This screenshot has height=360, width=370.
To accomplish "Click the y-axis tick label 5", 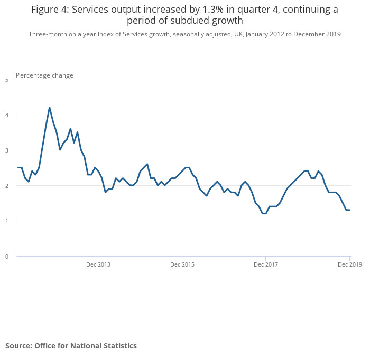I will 7,80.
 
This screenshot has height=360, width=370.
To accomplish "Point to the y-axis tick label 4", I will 7,115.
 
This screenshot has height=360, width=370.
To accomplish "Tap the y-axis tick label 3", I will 7,150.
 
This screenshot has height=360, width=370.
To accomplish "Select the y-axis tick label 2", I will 7,186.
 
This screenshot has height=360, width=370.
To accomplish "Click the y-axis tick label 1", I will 7,221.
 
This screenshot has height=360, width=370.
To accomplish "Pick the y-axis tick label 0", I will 7,257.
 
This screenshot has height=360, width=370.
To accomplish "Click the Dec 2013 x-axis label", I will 98,264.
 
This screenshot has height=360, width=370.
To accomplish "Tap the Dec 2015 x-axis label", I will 182,264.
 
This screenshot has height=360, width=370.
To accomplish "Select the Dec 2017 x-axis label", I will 265,264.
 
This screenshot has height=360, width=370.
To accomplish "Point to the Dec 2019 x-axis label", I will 350,264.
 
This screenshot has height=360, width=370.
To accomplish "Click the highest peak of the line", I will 50,108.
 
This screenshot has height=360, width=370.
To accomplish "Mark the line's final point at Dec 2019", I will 350,210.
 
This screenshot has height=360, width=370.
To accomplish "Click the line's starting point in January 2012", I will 18,167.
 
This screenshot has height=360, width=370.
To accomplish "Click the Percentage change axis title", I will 45,75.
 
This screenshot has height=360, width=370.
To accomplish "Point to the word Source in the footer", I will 18,346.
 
